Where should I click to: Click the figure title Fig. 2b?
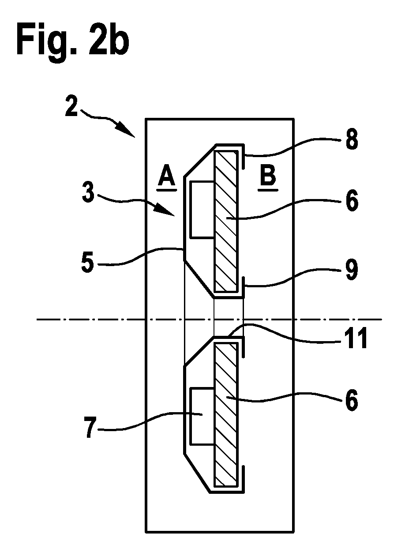73,42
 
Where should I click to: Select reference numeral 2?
72,106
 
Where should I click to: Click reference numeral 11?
356,338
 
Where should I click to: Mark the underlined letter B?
268,177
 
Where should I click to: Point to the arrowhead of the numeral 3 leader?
166,210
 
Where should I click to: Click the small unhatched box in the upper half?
202,210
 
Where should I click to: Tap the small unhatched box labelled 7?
202,417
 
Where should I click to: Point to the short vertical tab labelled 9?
243,287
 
